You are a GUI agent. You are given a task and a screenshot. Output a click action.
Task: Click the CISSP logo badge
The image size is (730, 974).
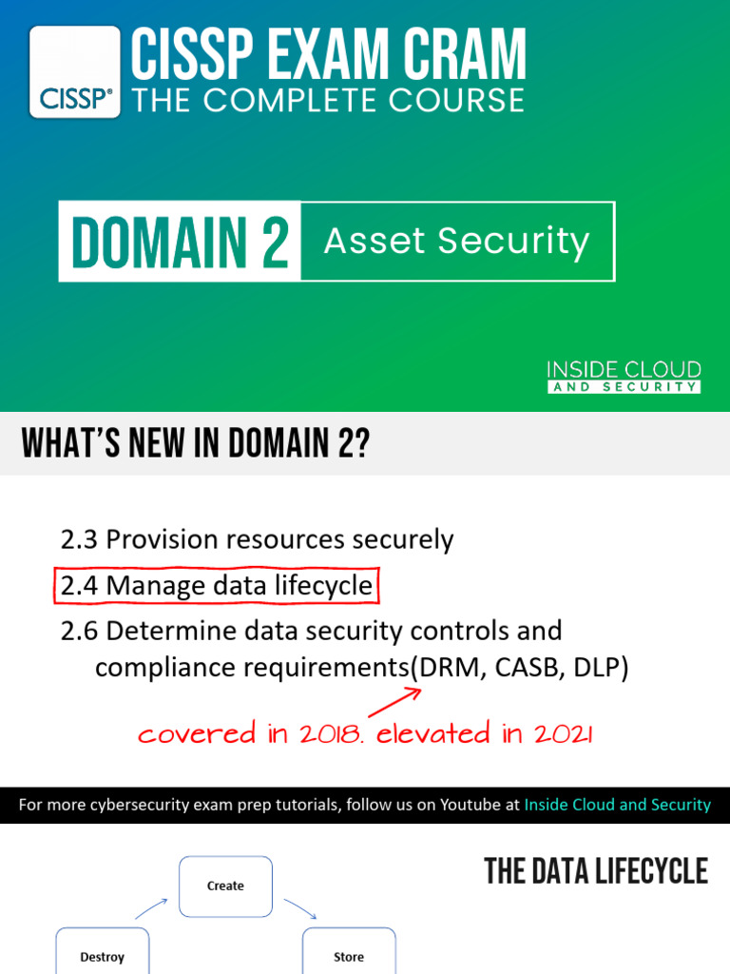75,72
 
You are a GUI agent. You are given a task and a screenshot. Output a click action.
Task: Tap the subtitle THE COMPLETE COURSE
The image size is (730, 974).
328,100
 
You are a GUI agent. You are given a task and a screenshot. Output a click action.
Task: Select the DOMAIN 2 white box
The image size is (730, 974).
180,242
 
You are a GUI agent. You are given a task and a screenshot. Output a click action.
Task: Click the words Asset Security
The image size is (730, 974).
456,242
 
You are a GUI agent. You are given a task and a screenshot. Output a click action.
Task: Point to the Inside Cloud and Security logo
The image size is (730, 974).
624,377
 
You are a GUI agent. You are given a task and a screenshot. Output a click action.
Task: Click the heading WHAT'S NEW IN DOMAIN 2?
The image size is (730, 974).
195,443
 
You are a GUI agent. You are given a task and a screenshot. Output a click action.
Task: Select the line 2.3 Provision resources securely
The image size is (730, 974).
257,540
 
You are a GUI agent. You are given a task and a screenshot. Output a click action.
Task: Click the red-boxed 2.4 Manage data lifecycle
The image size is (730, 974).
216,586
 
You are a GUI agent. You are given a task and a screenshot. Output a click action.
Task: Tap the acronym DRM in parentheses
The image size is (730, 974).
445,668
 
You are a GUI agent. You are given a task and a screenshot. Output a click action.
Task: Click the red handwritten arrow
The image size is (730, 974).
394,702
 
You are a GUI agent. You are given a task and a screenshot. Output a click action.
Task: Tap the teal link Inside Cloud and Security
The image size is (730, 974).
617,805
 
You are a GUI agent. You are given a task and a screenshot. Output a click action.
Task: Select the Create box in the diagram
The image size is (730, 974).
225,886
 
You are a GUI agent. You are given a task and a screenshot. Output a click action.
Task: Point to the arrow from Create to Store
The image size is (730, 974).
300,908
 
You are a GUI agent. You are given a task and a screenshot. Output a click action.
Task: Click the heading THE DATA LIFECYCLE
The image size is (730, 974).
596,871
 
